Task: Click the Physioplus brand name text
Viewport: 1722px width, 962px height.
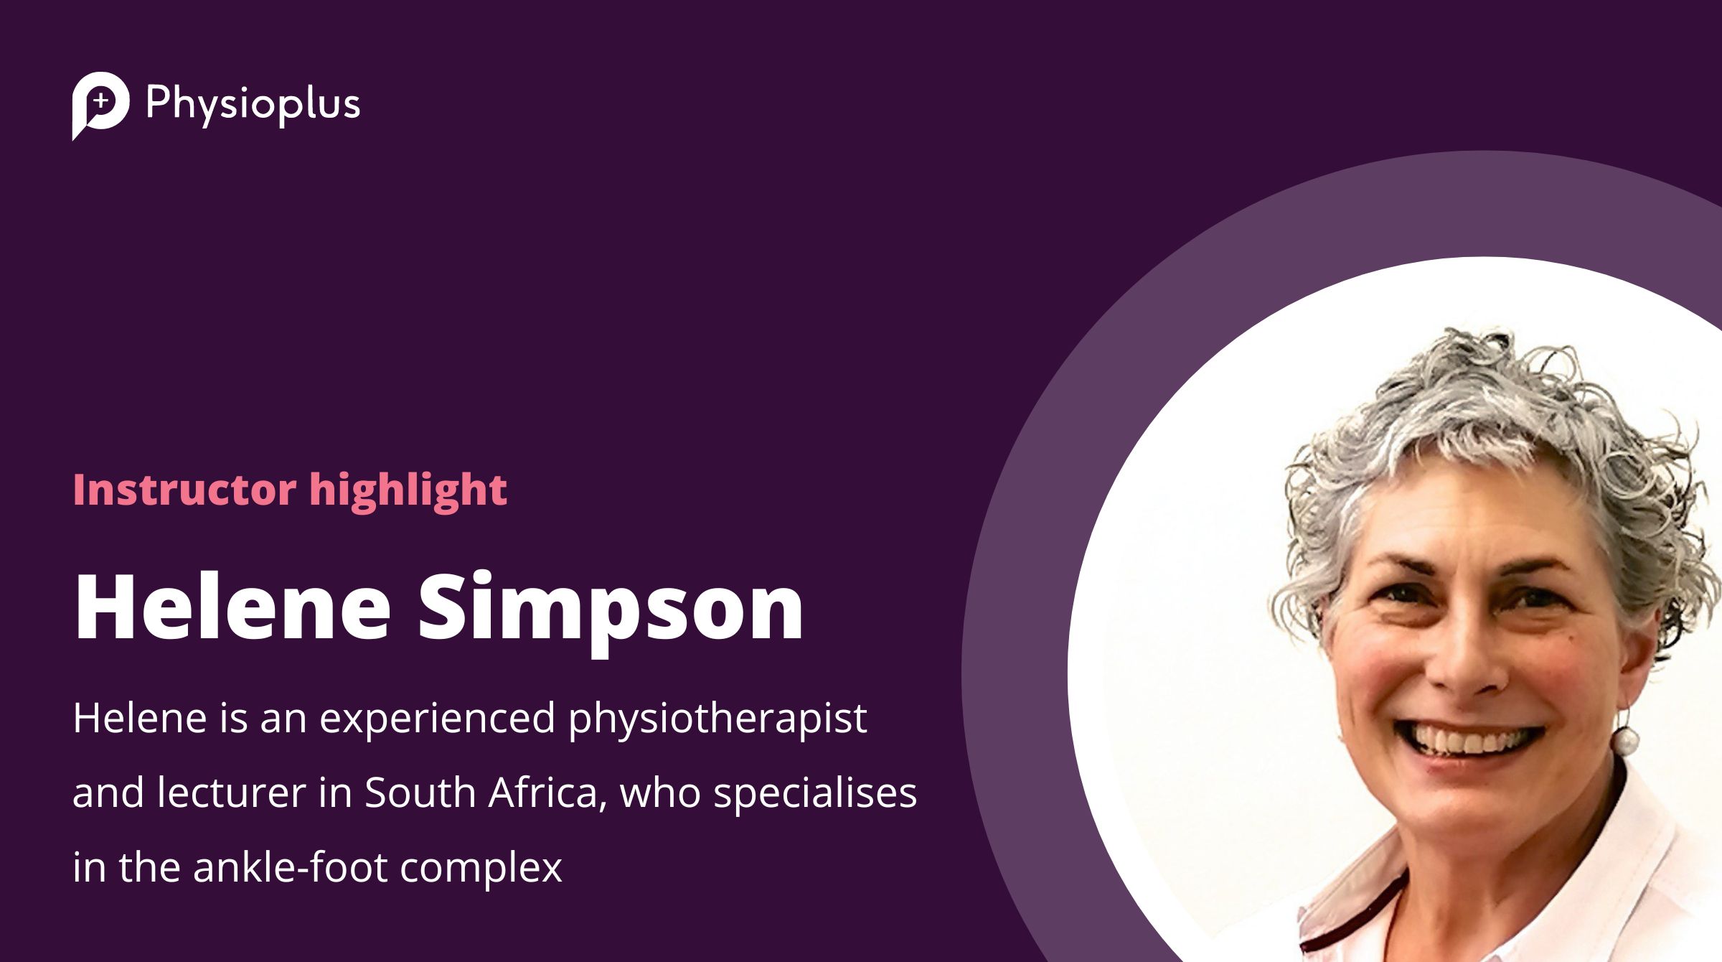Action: click(x=253, y=105)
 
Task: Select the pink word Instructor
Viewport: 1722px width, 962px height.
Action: click(x=185, y=490)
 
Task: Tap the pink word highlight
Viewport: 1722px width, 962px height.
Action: click(x=408, y=492)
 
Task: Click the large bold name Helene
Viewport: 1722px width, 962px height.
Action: click(x=232, y=607)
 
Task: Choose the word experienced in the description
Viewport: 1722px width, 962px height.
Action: click(x=437, y=719)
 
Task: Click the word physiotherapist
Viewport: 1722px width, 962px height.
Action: click(x=717, y=719)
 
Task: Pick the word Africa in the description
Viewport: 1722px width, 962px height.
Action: click(x=548, y=793)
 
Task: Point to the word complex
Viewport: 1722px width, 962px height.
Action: click(x=481, y=869)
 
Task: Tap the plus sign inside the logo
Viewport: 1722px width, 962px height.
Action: click(x=102, y=101)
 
